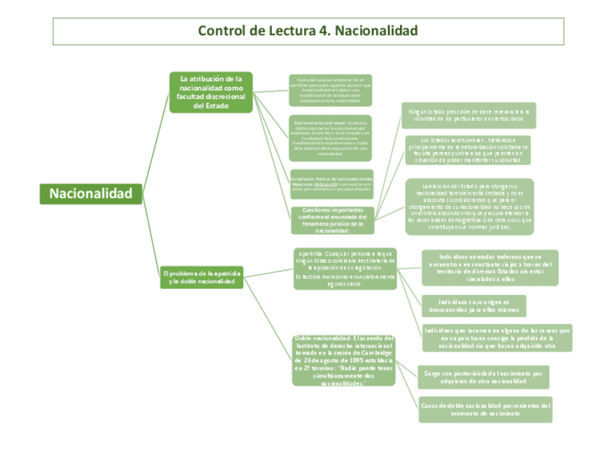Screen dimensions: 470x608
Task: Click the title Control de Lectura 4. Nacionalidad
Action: (x=308, y=32)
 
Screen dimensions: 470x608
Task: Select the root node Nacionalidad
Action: (x=91, y=194)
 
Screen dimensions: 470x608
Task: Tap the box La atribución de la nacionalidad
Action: (x=211, y=92)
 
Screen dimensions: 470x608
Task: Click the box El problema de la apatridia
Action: (x=202, y=278)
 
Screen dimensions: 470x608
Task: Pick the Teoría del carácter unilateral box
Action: (x=331, y=90)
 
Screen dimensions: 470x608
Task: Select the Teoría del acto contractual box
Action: (x=331, y=138)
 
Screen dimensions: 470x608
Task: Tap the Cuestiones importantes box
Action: (x=333, y=220)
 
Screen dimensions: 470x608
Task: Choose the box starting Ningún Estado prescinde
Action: (x=470, y=115)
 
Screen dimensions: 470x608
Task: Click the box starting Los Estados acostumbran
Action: (x=468, y=150)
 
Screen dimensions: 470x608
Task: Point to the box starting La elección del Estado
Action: (x=470, y=207)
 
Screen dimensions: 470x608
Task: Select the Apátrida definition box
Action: (x=345, y=269)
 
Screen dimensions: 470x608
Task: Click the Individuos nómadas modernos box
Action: (x=487, y=268)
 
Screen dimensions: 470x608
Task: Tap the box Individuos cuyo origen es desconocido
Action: (x=473, y=306)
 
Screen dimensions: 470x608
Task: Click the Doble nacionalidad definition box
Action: (x=344, y=361)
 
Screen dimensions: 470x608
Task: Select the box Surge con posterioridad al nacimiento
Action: (x=483, y=377)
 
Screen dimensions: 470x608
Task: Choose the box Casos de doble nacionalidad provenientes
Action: (x=485, y=409)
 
